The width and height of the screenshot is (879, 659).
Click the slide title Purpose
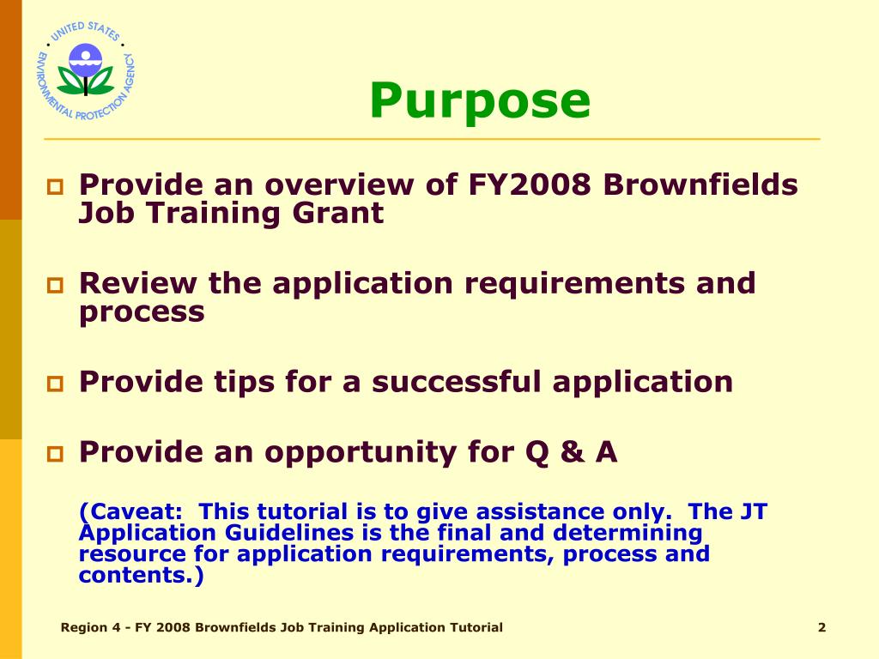click(480, 100)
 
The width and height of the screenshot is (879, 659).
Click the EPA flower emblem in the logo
click(85, 70)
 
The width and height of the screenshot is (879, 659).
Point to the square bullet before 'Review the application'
click(56, 284)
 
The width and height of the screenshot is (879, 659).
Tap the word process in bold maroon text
click(142, 311)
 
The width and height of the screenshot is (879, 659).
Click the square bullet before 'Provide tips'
click(56, 383)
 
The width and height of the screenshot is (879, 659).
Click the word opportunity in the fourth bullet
click(377, 451)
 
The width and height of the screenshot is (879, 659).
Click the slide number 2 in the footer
click(821, 627)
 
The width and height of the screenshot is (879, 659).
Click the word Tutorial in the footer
click(476, 627)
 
